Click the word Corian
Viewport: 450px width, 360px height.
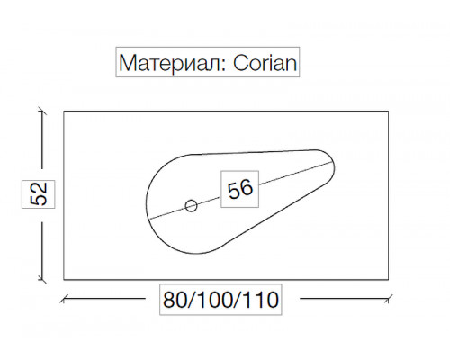coord(265,63)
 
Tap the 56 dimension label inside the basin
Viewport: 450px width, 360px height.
coord(240,189)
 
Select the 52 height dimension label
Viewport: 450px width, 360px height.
coord(39,194)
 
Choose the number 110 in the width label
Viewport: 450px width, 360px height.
coord(260,300)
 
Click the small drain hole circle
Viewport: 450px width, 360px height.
coord(191,206)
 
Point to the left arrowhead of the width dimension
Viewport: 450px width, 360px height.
coord(63,299)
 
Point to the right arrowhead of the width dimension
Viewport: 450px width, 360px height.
coord(389,299)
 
